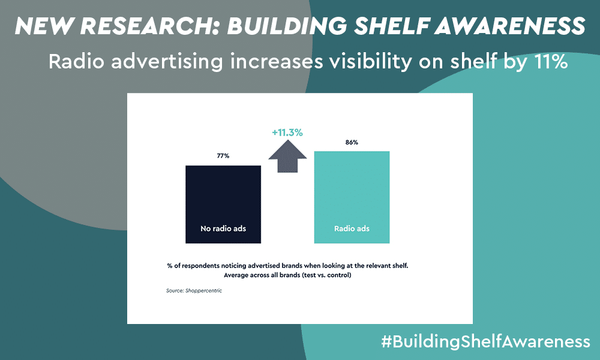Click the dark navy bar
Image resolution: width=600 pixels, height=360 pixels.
[223, 204]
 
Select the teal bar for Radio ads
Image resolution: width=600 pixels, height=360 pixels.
[352, 197]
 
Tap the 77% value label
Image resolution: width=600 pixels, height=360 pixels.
[223, 156]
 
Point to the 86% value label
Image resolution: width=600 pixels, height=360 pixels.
[352, 142]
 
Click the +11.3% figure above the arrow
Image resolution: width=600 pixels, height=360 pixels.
[287, 133]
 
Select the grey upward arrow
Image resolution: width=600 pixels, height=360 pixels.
[287, 156]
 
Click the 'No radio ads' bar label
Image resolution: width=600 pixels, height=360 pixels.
[223, 229]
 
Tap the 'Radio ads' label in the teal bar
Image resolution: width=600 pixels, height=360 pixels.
[352, 229]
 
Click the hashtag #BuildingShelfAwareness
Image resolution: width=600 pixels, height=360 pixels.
[485, 341]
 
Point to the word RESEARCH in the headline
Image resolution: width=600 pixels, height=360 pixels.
[150, 26]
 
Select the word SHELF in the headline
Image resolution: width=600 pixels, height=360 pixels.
[391, 26]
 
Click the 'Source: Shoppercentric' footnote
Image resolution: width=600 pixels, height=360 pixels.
[194, 291]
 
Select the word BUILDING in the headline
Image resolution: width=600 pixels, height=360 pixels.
[287, 26]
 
